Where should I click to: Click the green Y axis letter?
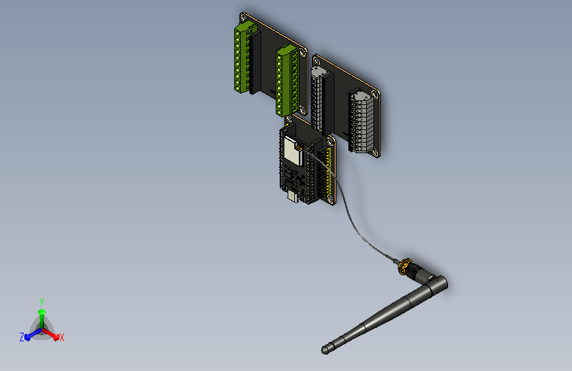(x=41, y=300)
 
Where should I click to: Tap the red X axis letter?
(x=62, y=337)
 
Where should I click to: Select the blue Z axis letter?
(x=22, y=337)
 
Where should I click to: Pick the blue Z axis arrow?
(x=30, y=335)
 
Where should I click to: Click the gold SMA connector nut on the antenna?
(x=401, y=266)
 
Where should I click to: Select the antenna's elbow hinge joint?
(x=436, y=285)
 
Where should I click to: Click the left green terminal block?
(x=244, y=57)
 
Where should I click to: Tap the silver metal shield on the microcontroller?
(x=291, y=150)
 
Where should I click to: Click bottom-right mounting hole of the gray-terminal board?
(x=375, y=153)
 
